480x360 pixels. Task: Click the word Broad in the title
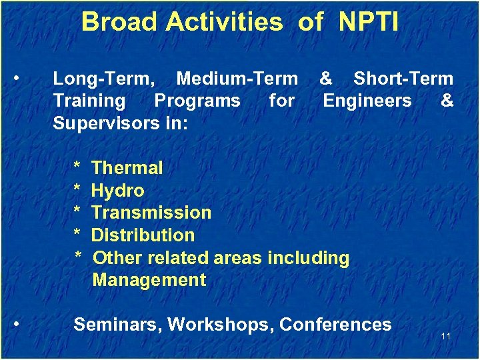coord(119,22)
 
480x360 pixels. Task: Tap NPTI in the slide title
coord(368,22)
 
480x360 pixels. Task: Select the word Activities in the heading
coord(224,22)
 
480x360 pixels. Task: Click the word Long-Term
coord(104,79)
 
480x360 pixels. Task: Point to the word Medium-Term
coord(237,79)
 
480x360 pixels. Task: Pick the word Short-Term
coord(403,79)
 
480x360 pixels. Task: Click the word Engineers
coord(367,101)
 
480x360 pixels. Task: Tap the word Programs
coord(197,101)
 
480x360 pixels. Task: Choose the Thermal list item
coord(127,168)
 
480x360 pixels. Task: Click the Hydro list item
coord(117,191)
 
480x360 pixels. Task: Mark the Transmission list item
coord(151,213)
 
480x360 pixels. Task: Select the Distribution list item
coord(143,235)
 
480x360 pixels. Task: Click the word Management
coord(149,280)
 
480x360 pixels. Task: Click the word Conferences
coord(335,325)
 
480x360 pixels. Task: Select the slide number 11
coord(446,336)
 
